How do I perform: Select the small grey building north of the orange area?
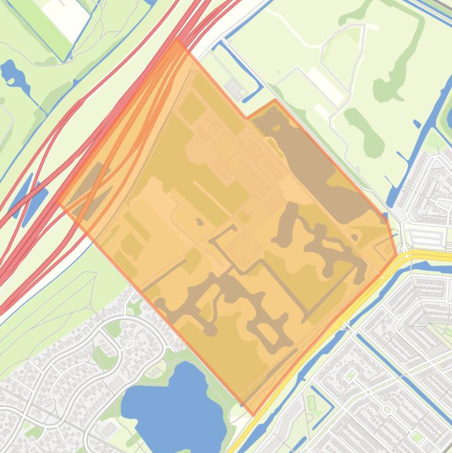pyautogui.click(x=235, y=89)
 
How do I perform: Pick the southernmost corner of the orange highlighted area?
pyautogui.click(x=253, y=415)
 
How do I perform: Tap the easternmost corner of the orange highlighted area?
pyautogui.click(x=397, y=257)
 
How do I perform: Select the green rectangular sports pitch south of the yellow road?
pyautogui.click(x=312, y=402)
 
